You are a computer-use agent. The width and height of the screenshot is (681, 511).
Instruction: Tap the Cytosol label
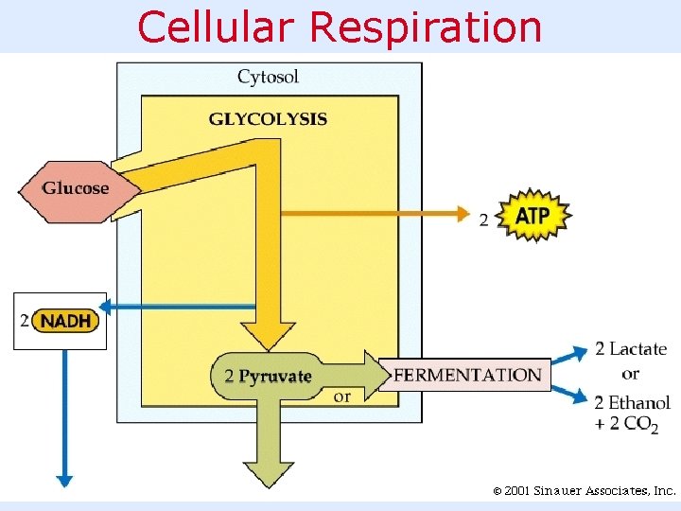[x=269, y=77]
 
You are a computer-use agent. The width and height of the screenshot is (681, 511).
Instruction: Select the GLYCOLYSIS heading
[x=268, y=119]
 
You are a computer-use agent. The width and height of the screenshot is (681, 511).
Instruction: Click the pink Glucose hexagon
[x=76, y=187]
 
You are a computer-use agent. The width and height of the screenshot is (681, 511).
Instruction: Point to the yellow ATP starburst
[x=533, y=216]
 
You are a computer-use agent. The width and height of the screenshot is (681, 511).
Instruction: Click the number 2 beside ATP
[x=484, y=220]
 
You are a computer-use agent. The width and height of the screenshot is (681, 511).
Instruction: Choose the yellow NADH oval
[x=66, y=321]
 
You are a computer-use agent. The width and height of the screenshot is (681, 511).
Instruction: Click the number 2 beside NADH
[x=25, y=321]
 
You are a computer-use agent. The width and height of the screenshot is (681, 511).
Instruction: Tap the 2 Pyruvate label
[x=268, y=376]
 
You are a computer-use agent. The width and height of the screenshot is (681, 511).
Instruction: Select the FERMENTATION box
[x=467, y=375]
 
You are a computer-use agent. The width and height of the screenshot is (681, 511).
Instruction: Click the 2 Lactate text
[x=631, y=349]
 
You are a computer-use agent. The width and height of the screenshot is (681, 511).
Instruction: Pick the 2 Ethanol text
[x=633, y=402]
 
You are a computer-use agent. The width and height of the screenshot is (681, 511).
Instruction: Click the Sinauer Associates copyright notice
[x=585, y=491]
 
